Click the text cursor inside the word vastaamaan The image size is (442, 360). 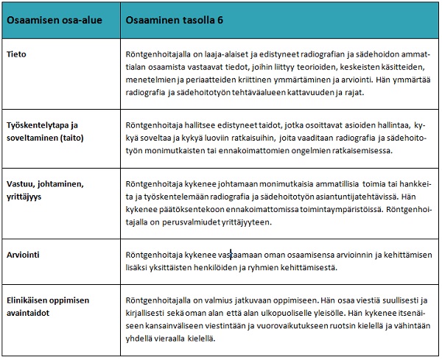(x=231, y=255)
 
